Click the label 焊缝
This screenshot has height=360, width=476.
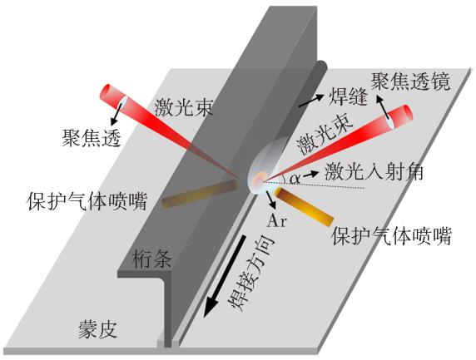(x=348, y=97)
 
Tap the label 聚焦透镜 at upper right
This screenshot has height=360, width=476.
(x=411, y=81)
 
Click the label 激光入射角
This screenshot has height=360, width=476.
(x=374, y=173)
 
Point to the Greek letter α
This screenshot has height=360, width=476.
(x=295, y=179)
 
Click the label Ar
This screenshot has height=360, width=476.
(x=276, y=221)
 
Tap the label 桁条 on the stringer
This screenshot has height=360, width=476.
(x=152, y=259)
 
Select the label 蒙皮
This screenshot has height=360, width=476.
(x=98, y=330)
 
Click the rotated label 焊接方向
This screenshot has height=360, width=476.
(x=251, y=273)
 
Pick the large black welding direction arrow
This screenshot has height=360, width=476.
(x=225, y=276)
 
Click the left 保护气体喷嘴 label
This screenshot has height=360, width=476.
(x=87, y=201)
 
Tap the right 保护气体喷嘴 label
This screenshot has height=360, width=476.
(x=392, y=236)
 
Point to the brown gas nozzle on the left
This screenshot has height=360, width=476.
(x=199, y=194)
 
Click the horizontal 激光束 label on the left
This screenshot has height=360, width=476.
(x=184, y=107)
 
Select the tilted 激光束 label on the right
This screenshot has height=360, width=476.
(x=325, y=136)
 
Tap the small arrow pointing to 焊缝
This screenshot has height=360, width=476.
(x=311, y=101)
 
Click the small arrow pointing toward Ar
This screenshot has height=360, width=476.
(x=271, y=200)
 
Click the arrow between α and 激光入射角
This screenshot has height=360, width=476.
(x=310, y=174)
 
